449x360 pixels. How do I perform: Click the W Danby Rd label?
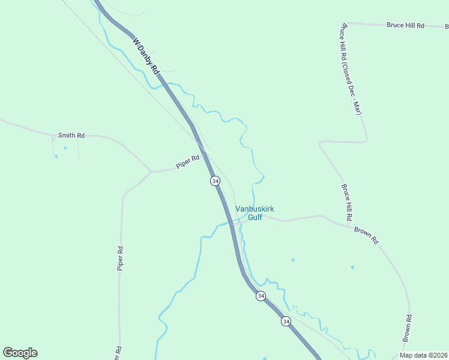pos(146,57)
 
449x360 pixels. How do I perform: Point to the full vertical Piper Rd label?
pos(120,258)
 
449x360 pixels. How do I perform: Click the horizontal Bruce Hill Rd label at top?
pos(405,25)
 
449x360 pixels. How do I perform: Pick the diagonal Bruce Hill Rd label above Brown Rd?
pos(347,201)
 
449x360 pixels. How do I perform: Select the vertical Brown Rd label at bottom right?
pos(407,328)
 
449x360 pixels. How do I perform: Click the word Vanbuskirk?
pos(255,209)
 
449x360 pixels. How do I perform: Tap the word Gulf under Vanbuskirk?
pos(255,217)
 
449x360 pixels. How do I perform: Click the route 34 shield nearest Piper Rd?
pos(215,181)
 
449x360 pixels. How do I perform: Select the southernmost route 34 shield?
pos(286,321)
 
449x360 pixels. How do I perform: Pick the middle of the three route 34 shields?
pos(261,296)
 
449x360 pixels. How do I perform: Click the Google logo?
pos(20,353)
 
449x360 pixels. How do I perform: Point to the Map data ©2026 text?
pos(423,355)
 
